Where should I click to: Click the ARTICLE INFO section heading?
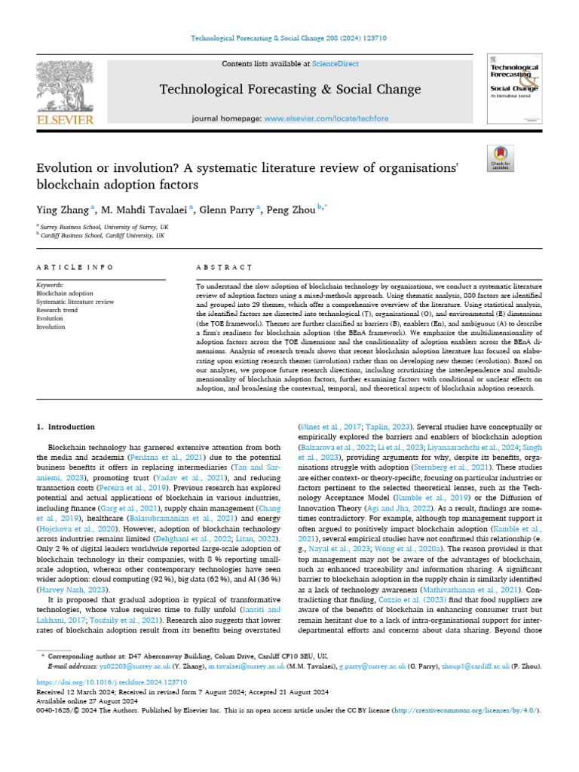(x=75, y=268)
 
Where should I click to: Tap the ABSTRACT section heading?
(x=223, y=268)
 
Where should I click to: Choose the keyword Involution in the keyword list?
(x=51, y=327)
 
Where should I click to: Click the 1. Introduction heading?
(x=66, y=427)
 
